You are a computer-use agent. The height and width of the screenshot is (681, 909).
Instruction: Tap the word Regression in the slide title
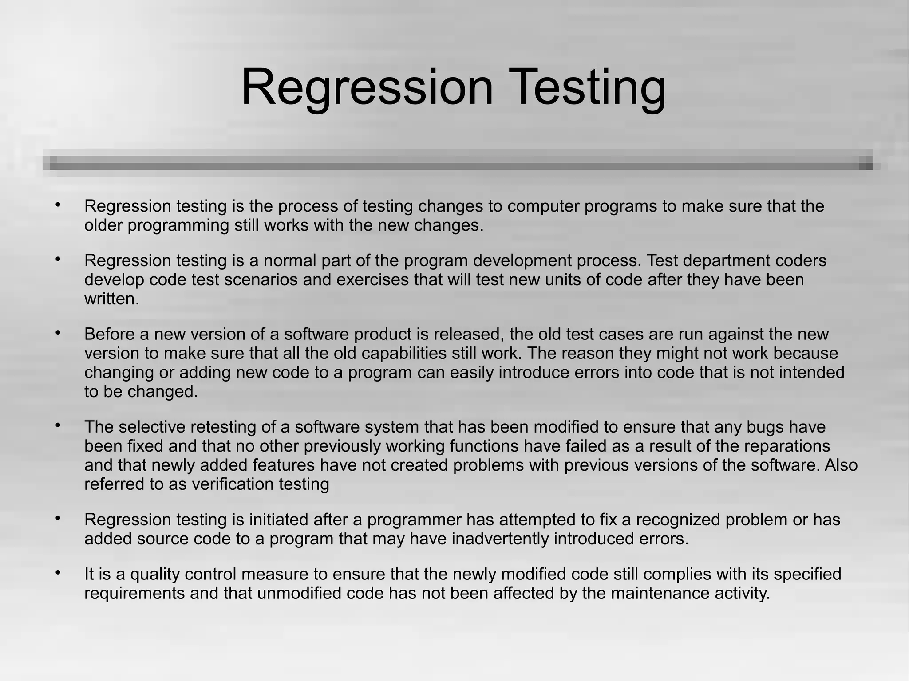pyautogui.click(x=367, y=87)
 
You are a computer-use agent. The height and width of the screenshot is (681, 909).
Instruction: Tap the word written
pyautogui.click(x=111, y=299)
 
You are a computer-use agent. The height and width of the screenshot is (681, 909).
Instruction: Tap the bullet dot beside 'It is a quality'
pyautogui.click(x=58, y=573)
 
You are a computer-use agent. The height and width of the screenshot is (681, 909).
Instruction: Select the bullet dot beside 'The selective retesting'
pyautogui.click(x=58, y=425)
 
